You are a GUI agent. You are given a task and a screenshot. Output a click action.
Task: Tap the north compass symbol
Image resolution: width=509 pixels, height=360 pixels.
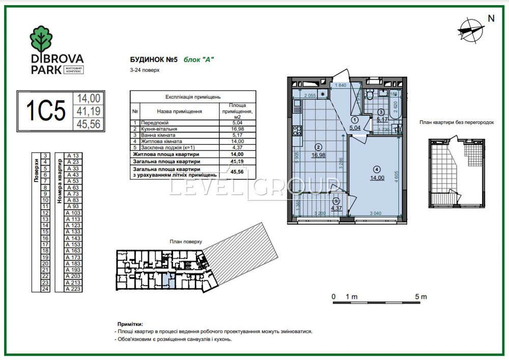[470, 29]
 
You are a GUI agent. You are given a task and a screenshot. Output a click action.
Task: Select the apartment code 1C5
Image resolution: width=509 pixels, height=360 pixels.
[46, 111]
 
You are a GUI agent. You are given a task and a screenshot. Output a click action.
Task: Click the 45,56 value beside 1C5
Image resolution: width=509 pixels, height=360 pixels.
[89, 124]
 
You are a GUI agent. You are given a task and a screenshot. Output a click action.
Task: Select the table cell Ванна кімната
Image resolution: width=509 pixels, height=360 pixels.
[160, 136]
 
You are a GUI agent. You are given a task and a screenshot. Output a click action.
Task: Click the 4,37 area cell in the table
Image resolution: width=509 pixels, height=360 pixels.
[237, 148]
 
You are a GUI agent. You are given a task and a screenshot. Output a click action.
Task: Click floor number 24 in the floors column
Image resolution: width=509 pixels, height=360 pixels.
[45, 289]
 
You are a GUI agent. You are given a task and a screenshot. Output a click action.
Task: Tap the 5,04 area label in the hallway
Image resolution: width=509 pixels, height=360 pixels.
[355, 128]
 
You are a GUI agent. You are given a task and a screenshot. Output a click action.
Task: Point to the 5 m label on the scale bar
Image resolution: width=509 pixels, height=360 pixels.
[420, 296]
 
